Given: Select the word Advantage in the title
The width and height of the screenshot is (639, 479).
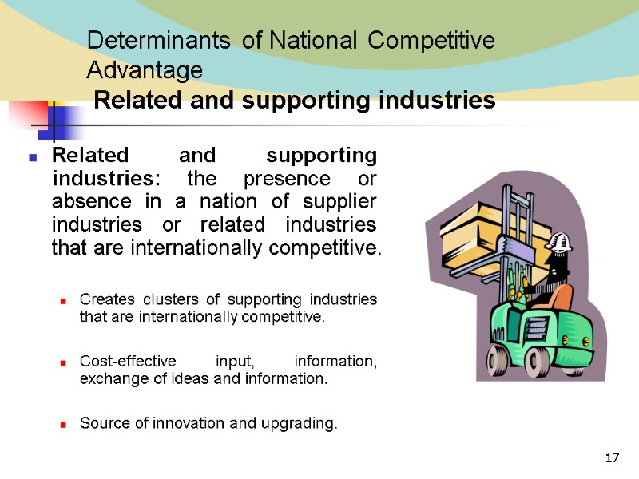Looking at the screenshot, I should coord(145,71).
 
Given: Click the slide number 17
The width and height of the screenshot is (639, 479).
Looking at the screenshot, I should coord(613,458).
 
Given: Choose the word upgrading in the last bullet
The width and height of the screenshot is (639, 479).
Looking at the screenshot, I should coord(295,423).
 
